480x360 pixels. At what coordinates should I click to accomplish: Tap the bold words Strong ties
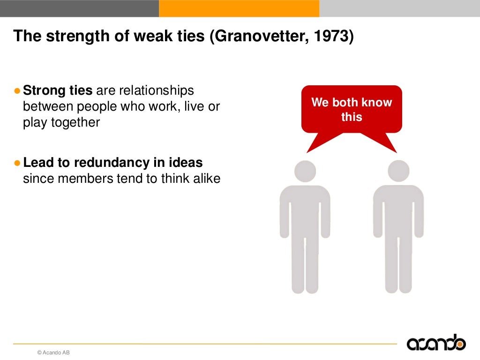58,90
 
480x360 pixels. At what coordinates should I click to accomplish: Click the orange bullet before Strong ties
17,90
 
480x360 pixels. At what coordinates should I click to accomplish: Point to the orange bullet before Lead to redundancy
17,163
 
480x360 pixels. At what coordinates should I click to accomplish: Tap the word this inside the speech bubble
352,117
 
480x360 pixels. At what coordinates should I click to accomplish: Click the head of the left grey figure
305,171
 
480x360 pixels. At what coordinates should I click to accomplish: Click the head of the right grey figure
398,171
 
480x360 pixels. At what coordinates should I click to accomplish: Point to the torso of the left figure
305,211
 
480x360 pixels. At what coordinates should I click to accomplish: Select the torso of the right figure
398,211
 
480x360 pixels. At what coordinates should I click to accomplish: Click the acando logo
436,344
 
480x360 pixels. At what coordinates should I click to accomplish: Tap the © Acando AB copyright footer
53,352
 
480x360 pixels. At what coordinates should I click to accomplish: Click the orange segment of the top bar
239,8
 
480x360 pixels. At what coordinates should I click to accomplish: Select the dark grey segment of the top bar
79,8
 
